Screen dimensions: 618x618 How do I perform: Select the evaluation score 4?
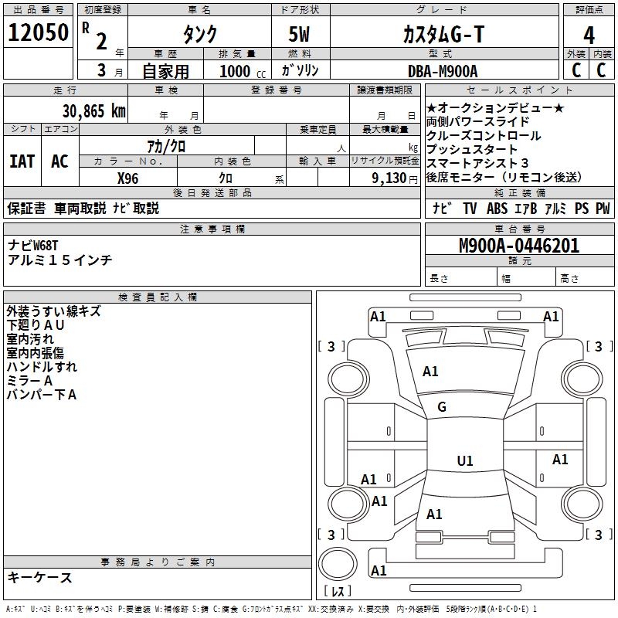click(x=589, y=35)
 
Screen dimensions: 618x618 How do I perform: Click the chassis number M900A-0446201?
click(x=519, y=246)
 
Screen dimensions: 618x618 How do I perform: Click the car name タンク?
click(x=199, y=35)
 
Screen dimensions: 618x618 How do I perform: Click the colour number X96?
click(x=128, y=178)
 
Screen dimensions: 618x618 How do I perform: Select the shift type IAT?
click(x=22, y=161)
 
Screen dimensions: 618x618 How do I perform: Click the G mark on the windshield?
click(x=442, y=407)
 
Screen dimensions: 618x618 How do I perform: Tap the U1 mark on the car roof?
click(x=464, y=461)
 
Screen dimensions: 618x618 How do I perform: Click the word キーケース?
click(x=40, y=578)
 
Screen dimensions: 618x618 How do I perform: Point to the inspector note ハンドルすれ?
click(x=42, y=367)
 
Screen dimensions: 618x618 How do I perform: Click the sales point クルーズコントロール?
click(x=484, y=136)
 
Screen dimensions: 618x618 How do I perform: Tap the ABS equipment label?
click(x=497, y=209)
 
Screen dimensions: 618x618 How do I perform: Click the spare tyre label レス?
click(x=338, y=592)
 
